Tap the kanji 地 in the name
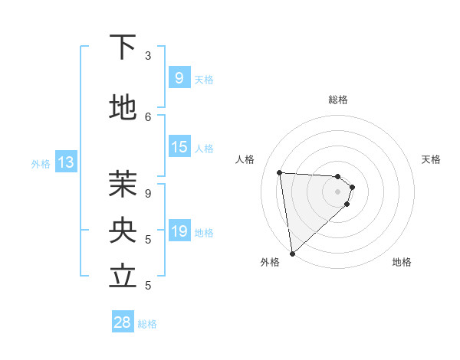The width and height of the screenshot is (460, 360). pyautogui.click(x=123, y=108)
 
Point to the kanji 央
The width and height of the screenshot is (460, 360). pyautogui.click(x=123, y=229)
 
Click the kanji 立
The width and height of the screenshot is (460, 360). pyautogui.click(x=123, y=276)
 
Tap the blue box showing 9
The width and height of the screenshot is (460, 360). pyautogui.click(x=179, y=77)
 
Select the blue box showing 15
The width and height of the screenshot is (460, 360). pyautogui.click(x=179, y=147)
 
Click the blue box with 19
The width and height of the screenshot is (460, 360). pyautogui.click(x=179, y=231)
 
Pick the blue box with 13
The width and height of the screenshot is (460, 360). pyautogui.click(x=65, y=162)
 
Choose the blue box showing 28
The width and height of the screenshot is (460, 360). pyautogui.click(x=123, y=322)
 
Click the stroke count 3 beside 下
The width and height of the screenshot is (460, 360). pyautogui.click(x=148, y=56)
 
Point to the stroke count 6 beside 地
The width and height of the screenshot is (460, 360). pyautogui.click(x=148, y=116)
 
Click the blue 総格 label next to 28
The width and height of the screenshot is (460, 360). pyautogui.click(x=147, y=324)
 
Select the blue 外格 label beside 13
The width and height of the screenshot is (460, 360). pyautogui.click(x=41, y=163)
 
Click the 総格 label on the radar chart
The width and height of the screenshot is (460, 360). pyautogui.click(x=337, y=100)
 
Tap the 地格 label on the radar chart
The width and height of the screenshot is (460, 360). pyautogui.click(x=402, y=262)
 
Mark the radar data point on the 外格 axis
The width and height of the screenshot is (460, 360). pyautogui.click(x=292, y=254)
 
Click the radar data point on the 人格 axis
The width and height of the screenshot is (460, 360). pyautogui.click(x=279, y=172)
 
